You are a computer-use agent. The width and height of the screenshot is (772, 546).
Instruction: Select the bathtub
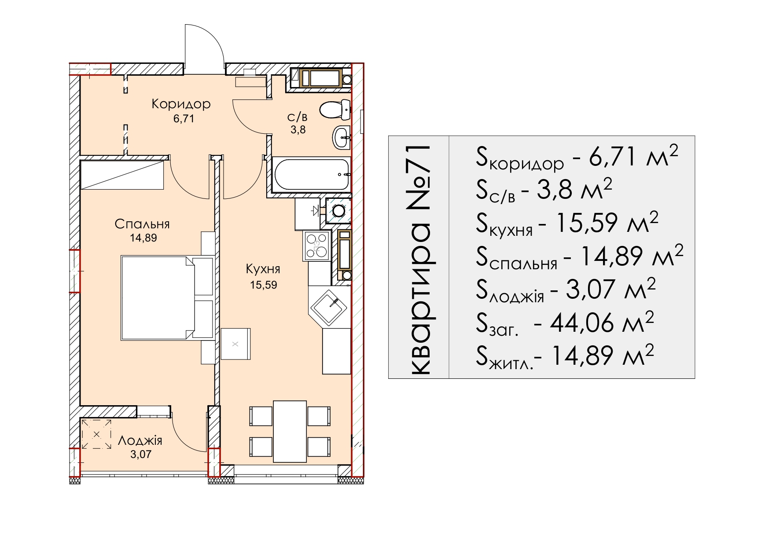[311, 175]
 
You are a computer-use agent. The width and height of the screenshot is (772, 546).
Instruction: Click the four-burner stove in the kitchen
[317, 246]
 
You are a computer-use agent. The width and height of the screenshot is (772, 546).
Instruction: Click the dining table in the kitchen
[290, 431]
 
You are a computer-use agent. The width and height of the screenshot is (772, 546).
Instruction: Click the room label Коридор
[181, 104]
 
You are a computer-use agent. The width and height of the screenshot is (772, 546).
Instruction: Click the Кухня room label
[263, 269]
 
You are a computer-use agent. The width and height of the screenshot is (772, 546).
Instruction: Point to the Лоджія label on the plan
[140, 440]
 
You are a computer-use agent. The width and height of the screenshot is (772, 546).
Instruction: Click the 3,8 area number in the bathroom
[298, 130]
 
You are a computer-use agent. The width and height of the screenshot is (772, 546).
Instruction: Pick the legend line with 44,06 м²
[565, 323]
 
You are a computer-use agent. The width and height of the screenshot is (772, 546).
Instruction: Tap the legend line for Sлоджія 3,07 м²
[566, 290]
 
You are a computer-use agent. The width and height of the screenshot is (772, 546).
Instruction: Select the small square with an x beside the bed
[235, 344]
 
